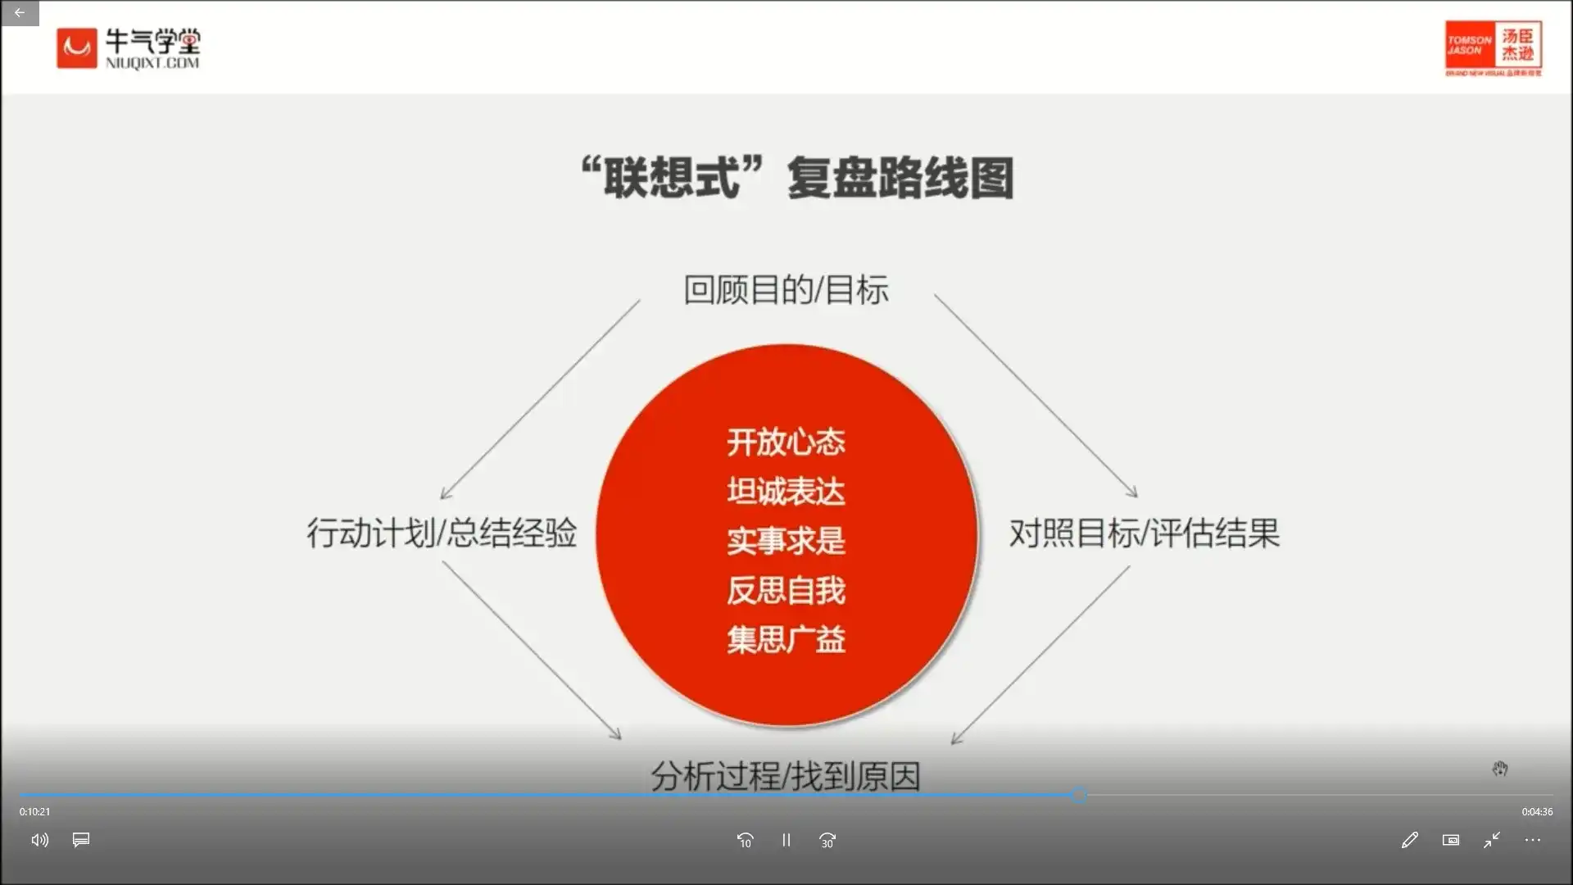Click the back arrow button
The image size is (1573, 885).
pos(19,13)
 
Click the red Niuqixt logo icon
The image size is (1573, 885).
pos(77,48)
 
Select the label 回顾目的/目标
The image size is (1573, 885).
pos(786,290)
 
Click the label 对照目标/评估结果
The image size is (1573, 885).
pos(1144,533)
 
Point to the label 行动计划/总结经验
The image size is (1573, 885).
pos(442,533)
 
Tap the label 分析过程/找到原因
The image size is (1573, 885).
pos(786,775)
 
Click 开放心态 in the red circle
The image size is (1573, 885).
pos(786,442)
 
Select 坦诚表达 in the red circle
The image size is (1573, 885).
pos(786,492)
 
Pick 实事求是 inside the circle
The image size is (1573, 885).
pos(786,541)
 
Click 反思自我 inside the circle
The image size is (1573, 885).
pos(786,590)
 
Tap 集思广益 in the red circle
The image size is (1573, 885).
pos(786,639)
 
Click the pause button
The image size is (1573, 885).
pos(786,840)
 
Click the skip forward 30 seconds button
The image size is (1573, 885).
pos(827,840)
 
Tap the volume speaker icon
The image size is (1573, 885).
pos(39,840)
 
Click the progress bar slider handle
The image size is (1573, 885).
pos(1080,794)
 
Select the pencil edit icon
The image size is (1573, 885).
pos(1409,840)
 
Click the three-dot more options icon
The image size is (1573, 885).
pos(1532,840)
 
